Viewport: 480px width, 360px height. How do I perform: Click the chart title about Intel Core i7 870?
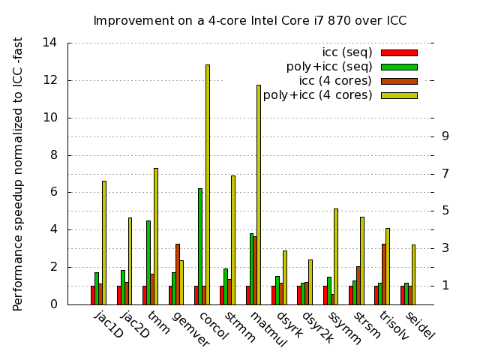(250, 21)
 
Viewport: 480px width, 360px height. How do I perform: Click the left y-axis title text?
(19, 174)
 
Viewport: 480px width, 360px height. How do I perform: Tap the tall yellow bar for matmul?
(259, 194)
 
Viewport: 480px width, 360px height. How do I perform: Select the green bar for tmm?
(148, 262)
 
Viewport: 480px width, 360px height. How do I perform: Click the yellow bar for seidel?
(413, 274)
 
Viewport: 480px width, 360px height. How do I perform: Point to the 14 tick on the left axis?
(49, 43)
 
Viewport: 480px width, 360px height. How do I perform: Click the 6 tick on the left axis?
(53, 192)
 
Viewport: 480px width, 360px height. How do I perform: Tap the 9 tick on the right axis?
(445, 136)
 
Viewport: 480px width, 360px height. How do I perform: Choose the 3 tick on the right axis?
(445, 248)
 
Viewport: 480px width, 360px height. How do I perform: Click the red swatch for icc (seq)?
(399, 52)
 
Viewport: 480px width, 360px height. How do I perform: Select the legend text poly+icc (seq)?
(329, 67)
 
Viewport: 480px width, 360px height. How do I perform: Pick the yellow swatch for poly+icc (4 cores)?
(399, 95)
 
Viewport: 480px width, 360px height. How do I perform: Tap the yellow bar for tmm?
(156, 236)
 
